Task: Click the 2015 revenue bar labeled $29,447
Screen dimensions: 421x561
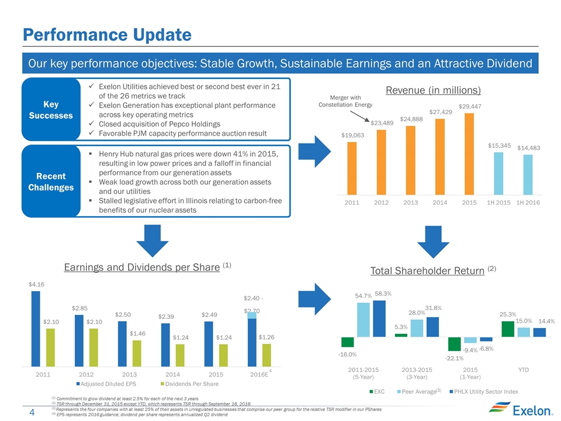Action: pos(469,154)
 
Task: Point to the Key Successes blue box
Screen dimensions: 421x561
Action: pos(50,108)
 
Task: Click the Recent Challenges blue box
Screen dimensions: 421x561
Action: pos(50,181)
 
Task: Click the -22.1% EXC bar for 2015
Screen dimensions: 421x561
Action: pos(455,344)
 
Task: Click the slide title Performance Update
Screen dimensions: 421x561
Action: pos(107,35)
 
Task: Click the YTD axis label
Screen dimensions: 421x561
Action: pos(524,370)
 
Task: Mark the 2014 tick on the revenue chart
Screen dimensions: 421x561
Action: pos(439,202)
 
